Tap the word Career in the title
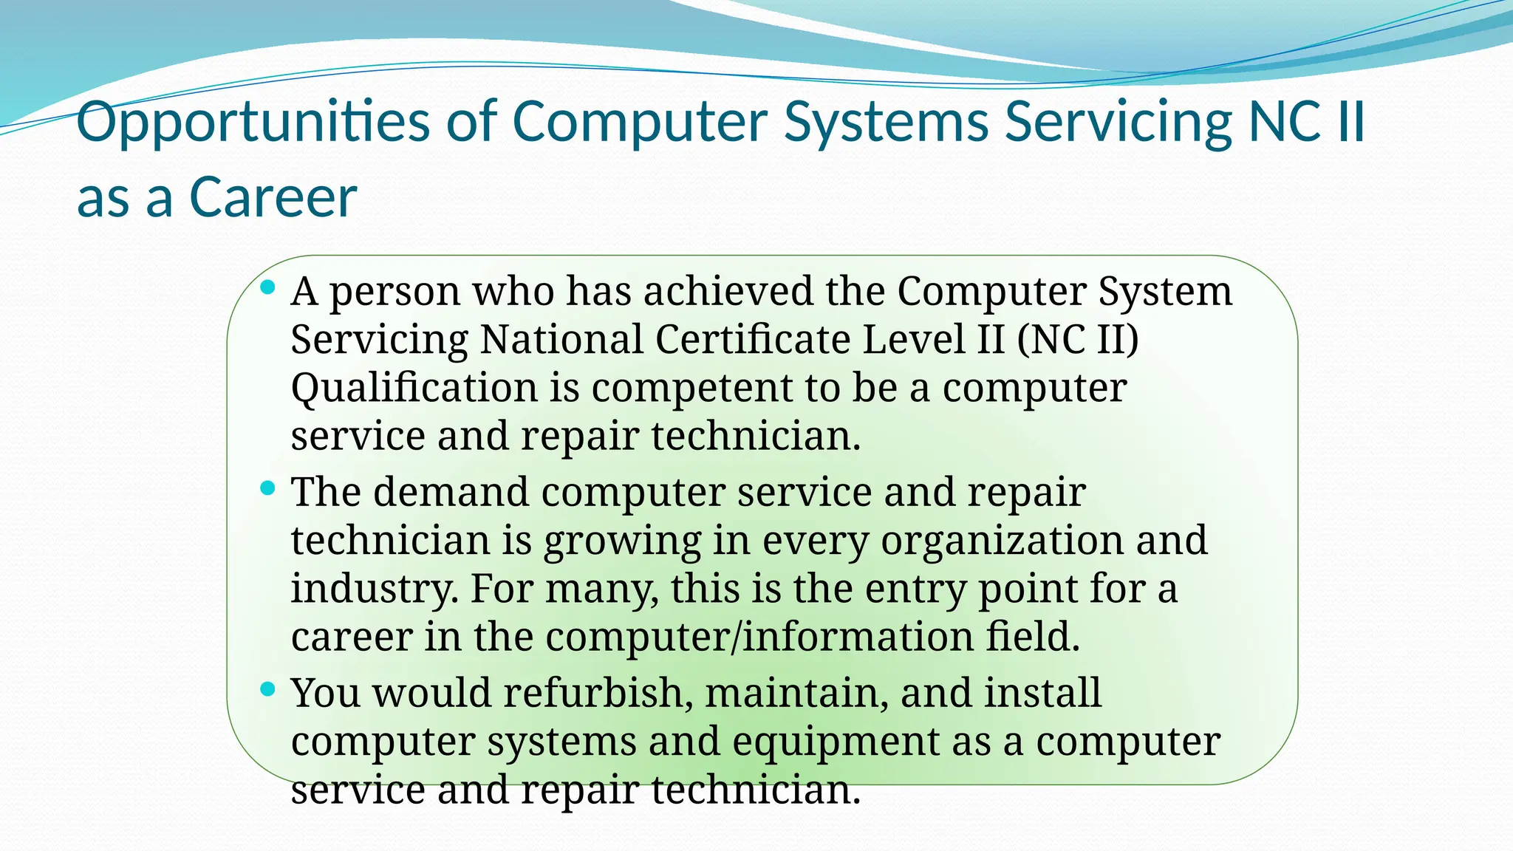[273, 197]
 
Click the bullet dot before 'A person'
[268, 287]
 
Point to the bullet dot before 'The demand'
[268, 488]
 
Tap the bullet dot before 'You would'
[268, 689]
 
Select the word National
[561, 339]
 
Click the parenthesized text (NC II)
[1078, 339]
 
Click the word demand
[451, 492]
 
